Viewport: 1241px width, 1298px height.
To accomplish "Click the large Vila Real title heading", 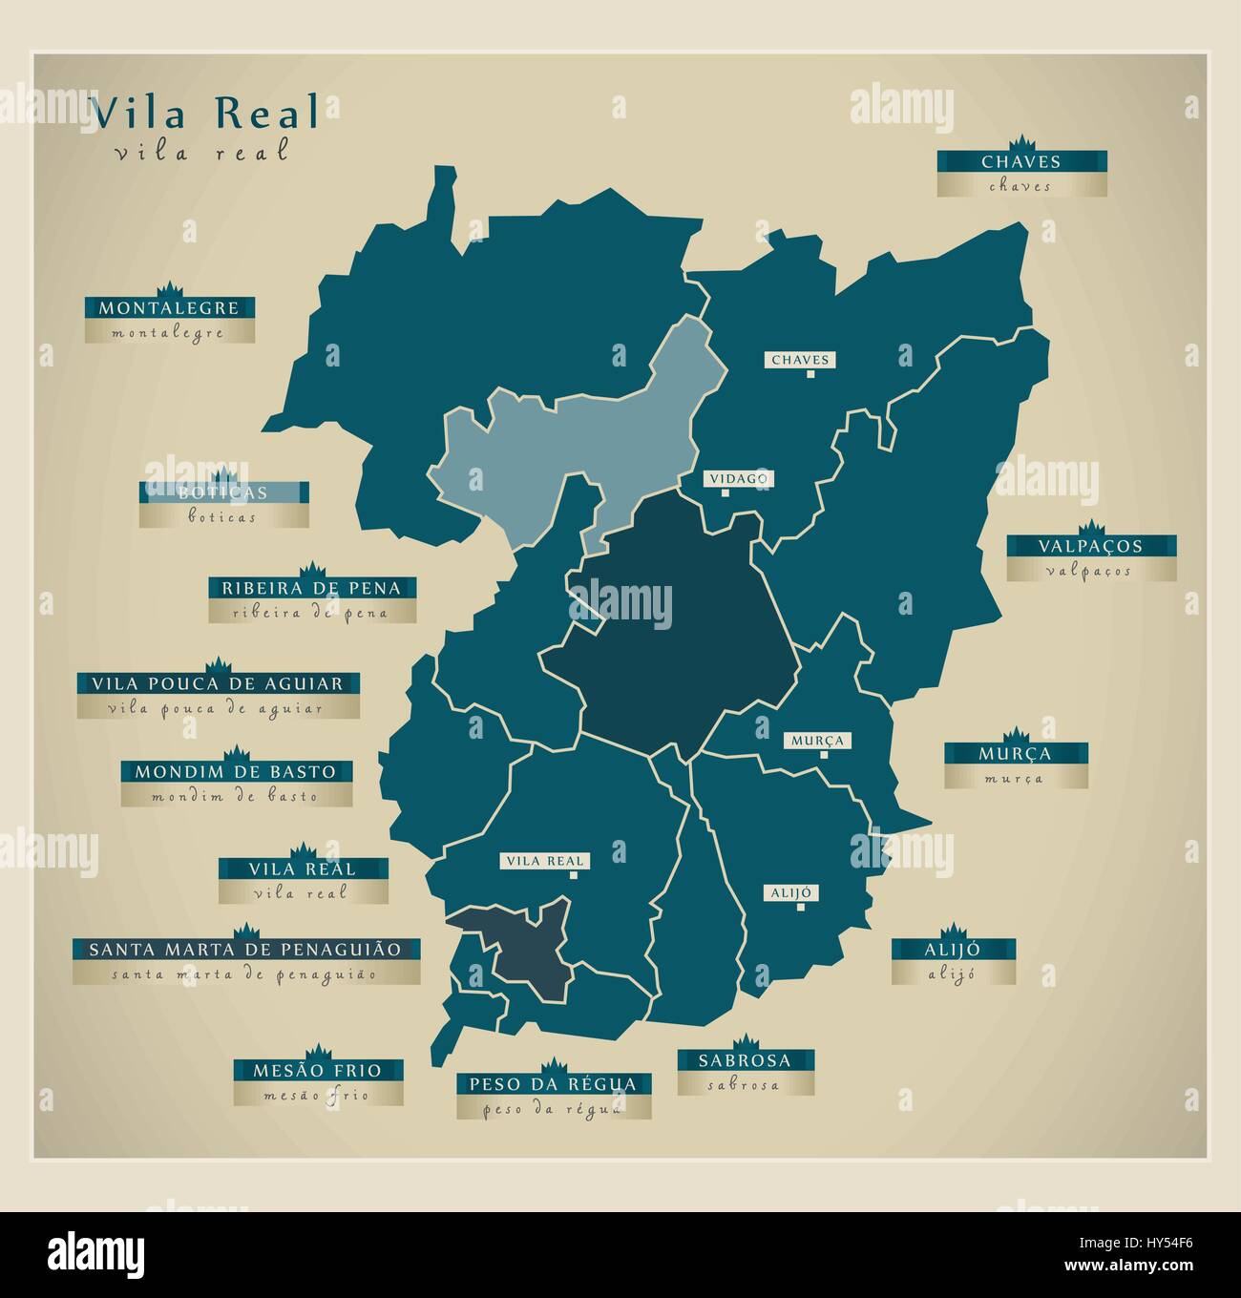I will coord(205,113).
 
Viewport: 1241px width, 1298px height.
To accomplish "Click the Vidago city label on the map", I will coord(738,478).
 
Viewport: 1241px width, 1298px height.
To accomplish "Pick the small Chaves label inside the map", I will coord(800,360).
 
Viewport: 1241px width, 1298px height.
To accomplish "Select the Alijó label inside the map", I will coord(790,892).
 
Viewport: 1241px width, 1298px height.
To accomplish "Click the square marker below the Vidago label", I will coord(726,492).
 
